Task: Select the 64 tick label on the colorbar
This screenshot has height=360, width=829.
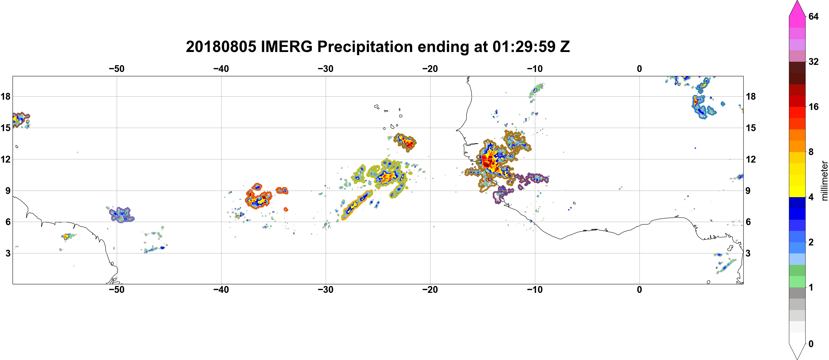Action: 813,16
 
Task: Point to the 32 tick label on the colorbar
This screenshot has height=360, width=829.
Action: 813,61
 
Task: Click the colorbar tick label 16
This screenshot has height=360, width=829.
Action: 813,107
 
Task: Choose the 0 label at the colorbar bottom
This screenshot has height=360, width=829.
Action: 811,344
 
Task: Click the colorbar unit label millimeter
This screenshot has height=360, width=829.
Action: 824,181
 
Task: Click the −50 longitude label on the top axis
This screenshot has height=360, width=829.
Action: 116,69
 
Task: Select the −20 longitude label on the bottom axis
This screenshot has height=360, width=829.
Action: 430,289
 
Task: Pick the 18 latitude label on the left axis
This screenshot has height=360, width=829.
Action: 5,96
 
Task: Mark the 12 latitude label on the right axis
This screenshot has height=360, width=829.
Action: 751,159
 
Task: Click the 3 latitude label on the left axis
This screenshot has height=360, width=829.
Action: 8,253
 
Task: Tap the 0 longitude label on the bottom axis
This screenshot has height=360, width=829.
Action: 639,289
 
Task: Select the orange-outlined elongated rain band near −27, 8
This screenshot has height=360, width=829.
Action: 357,205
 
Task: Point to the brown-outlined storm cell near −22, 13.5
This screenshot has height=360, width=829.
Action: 405,142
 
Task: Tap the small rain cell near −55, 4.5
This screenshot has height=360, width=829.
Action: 66,237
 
